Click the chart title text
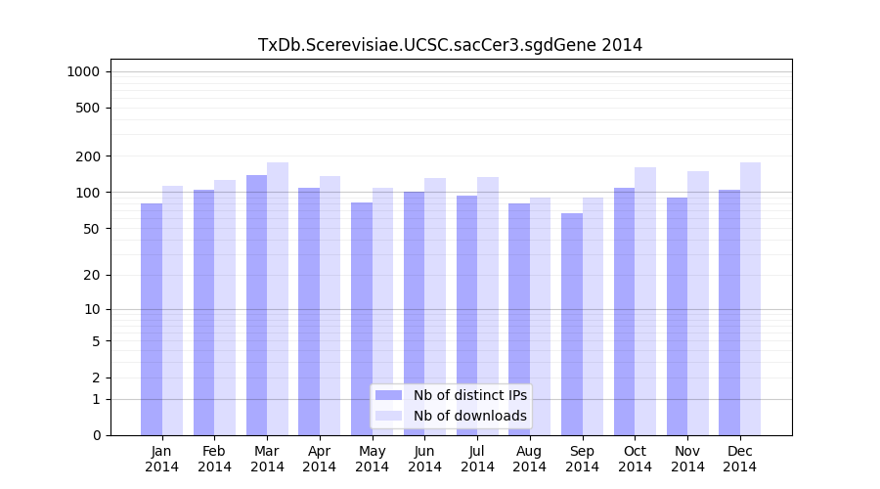450,45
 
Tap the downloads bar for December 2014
750,298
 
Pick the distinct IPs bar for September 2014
572,324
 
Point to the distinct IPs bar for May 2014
362,319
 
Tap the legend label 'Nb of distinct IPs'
469,395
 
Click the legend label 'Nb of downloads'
469,416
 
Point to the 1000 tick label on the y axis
82,71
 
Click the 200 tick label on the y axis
88,156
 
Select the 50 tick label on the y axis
91,229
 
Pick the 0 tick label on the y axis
96,435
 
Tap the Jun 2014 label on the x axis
424,459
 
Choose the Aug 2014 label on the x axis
529,459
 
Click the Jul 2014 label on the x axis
477,459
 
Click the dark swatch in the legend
389,395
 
